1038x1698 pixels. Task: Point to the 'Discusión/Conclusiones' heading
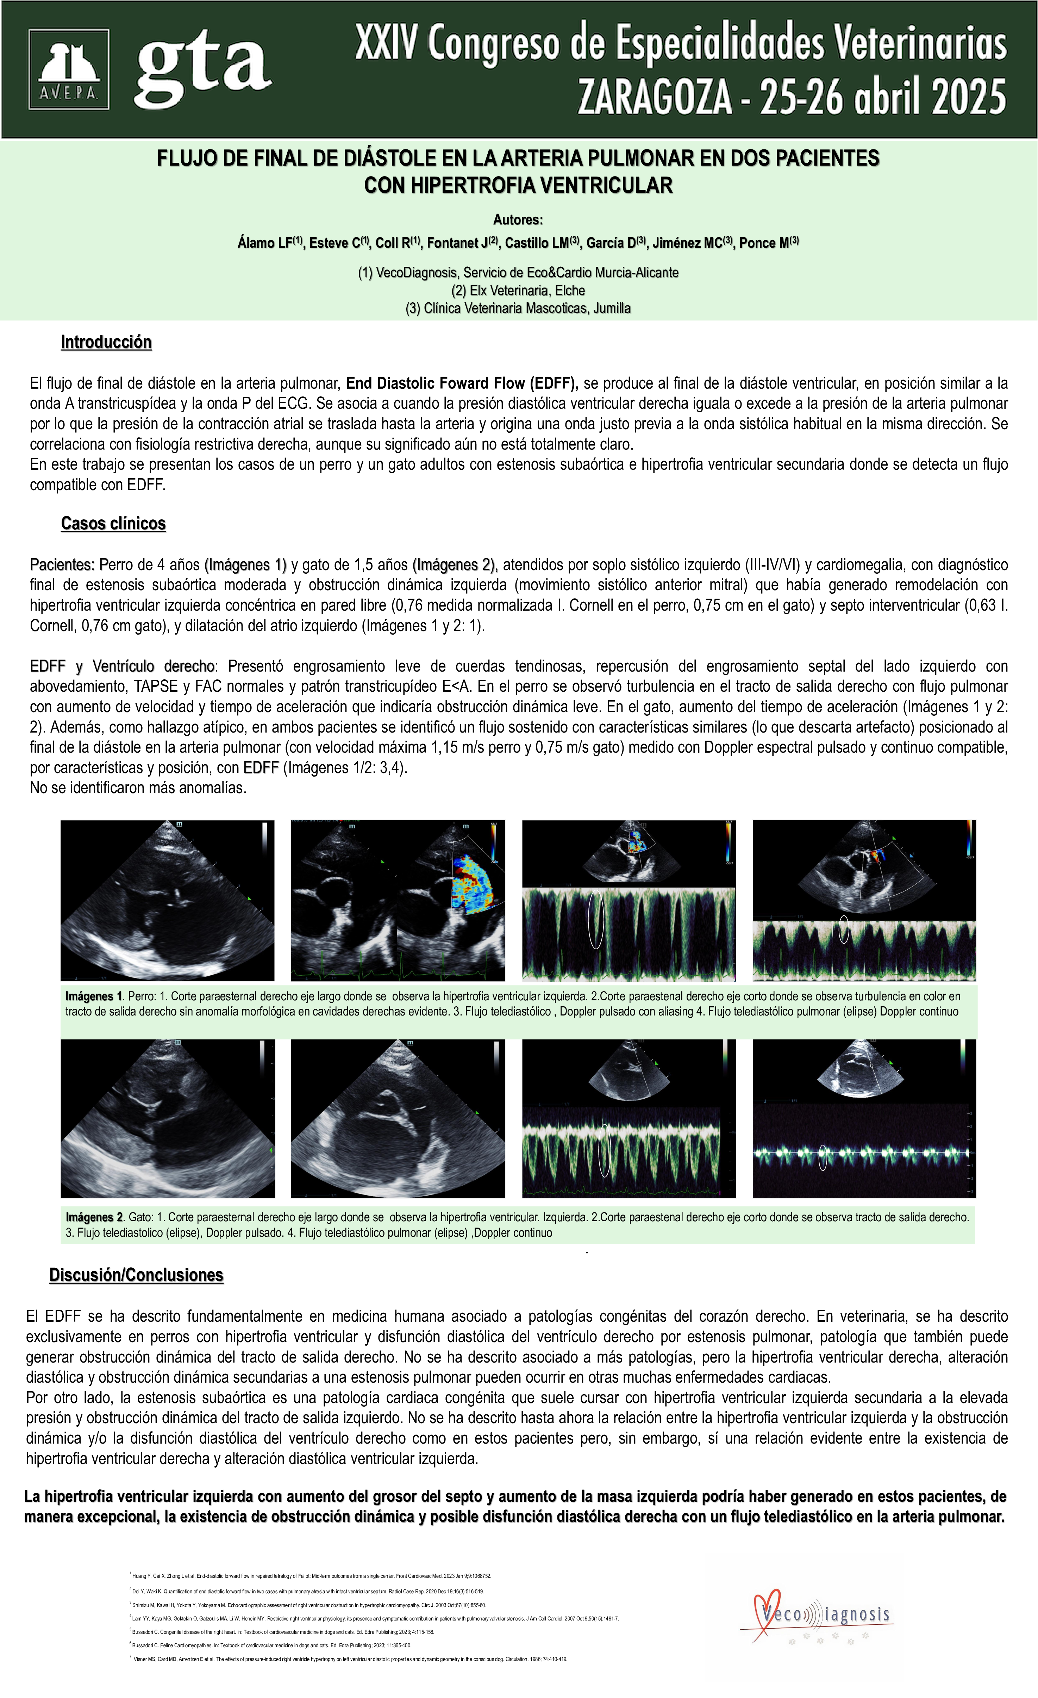pyautogui.click(x=136, y=1275)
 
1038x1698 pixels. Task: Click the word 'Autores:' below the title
pyautogui.click(x=518, y=220)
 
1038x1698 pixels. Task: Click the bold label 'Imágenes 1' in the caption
pyautogui.click(x=94, y=996)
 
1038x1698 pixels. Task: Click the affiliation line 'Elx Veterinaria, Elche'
pyautogui.click(x=518, y=290)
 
